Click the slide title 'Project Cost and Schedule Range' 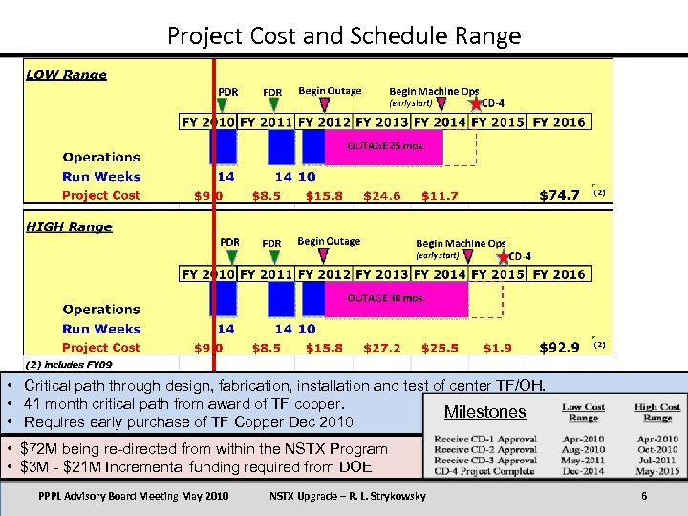pyautogui.click(x=344, y=36)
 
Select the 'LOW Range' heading pyautogui.click(x=66, y=75)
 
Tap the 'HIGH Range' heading pyautogui.click(x=69, y=226)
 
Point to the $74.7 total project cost pyautogui.click(x=560, y=195)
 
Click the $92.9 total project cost pyautogui.click(x=560, y=347)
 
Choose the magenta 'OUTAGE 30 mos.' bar pyautogui.click(x=394, y=299)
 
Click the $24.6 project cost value pyautogui.click(x=382, y=196)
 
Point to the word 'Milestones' pyautogui.click(x=485, y=412)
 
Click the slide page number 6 pyautogui.click(x=645, y=496)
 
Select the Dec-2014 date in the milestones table pyautogui.click(x=583, y=471)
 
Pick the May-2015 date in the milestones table pyautogui.click(x=657, y=471)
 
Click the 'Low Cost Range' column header pyautogui.click(x=583, y=413)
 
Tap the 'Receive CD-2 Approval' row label pyautogui.click(x=485, y=449)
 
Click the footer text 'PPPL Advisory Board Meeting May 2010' pyautogui.click(x=134, y=496)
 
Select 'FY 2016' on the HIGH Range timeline pyautogui.click(x=559, y=274)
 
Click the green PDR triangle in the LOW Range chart pyautogui.click(x=222, y=104)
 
